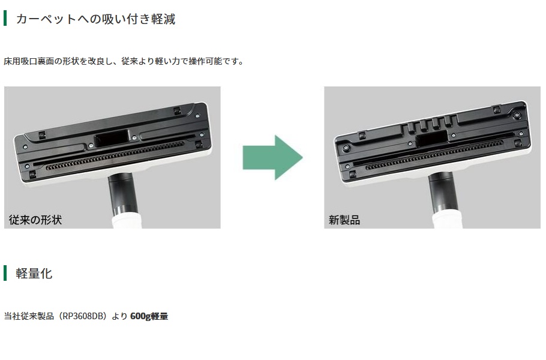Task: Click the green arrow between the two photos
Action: pyautogui.click(x=272, y=157)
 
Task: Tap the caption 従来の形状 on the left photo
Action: pyautogui.click(x=35, y=220)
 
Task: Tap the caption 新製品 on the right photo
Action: pyautogui.click(x=344, y=220)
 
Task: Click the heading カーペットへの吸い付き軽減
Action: pyautogui.click(x=95, y=19)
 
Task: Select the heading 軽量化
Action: pyautogui.click(x=34, y=274)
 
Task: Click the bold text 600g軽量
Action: pyautogui.click(x=149, y=316)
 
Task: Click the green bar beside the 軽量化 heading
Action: pyautogui.click(x=5, y=273)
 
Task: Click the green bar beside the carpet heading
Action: pyautogui.click(x=5, y=18)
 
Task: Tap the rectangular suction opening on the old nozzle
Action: pyautogui.click(x=112, y=137)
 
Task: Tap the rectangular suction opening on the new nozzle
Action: pyautogui.click(x=431, y=139)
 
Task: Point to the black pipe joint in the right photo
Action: pyautogui.click(x=441, y=193)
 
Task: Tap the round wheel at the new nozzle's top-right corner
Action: pyautogui.click(x=517, y=115)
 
